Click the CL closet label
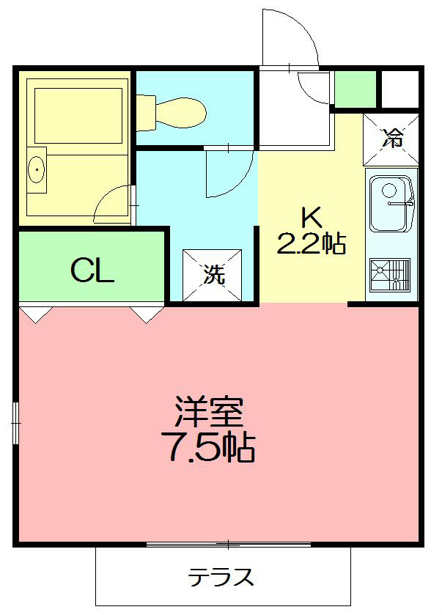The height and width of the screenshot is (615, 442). [x=92, y=271]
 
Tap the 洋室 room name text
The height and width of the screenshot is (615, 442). [x=209, y=413]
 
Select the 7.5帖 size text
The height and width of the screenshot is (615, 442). [x=209, y=448]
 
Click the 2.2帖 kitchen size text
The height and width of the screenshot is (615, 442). [x=311, y=243]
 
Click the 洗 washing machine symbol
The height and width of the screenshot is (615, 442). [x=213, y=275]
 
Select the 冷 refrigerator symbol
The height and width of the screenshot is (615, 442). [x=394, y=137]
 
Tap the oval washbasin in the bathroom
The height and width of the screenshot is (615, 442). [x=36, y=170]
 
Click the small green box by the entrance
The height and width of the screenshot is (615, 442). [x=355, y=88]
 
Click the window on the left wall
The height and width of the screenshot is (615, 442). [x=15, y=421]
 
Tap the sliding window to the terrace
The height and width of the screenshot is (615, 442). [x=229, y=545]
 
